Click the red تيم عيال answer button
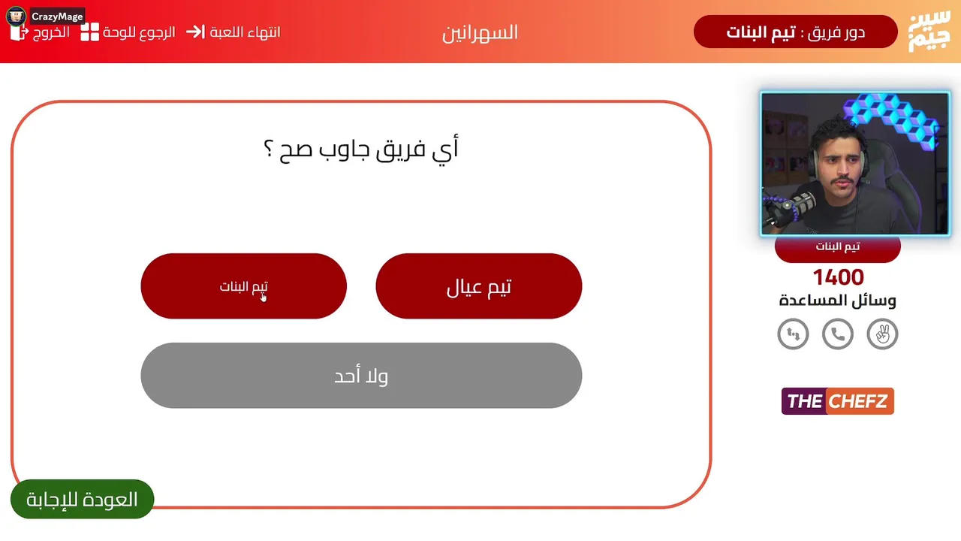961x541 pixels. [x=479, y=286]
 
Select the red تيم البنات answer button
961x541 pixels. [x=244, y=286]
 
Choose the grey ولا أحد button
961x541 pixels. [x=361, y=375]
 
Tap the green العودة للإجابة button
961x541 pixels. [x=82, y=499]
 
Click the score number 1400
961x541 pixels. [x=839, y=277]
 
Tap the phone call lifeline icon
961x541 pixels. [x=838, y=334]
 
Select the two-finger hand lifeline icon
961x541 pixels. [x=882, y=334]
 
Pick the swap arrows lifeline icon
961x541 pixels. [x=794, y=334]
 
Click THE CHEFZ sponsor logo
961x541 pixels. [x=838, y=401]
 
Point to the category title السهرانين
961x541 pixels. [x=480, y=33]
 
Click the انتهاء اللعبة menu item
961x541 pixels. [x=233, y=32]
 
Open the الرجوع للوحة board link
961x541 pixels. [x=128, y=32]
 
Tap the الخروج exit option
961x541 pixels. [x=41, y=32]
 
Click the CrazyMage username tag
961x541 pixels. [x=57, y=17]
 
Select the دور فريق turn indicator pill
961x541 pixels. [x=795, y=32]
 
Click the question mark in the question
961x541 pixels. [x=268, y=148]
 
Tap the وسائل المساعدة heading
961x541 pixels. [x=838, y=301]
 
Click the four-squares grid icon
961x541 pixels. [x=89, y=32]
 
